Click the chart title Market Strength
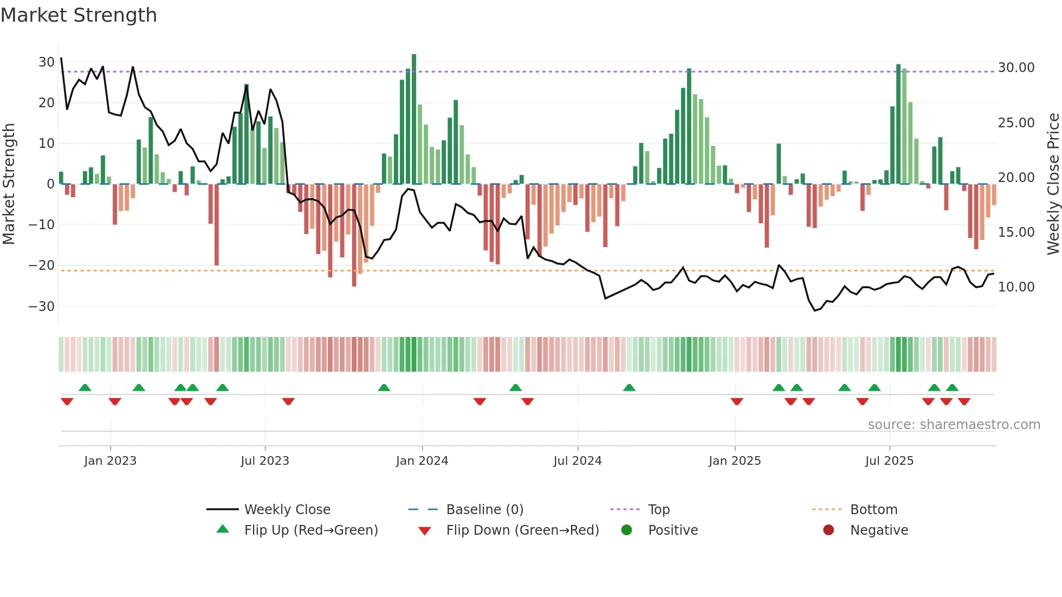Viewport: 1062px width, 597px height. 79,15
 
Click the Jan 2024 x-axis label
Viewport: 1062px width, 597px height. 422,461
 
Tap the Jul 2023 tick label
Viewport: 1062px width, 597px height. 264,461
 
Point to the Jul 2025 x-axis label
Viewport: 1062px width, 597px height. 889,461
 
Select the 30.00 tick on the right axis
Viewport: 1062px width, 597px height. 1016,68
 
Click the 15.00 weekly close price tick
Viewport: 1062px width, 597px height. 1016,232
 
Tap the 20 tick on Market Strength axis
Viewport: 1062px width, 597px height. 46,103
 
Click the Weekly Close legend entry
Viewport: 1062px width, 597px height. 287,510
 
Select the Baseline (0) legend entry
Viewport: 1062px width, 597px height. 484,510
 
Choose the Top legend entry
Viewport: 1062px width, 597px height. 658,510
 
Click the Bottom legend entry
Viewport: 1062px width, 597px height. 873,510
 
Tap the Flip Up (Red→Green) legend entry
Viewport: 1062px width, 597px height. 310,530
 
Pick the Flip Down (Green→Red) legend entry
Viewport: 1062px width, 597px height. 522,530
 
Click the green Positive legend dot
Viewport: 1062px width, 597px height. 626,530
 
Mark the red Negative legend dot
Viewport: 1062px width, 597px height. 828,530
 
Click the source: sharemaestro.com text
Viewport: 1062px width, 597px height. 954,425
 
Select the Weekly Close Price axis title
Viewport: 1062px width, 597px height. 1053,184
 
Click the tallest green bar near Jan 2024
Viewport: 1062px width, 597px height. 414,119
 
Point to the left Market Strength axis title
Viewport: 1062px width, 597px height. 9,184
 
